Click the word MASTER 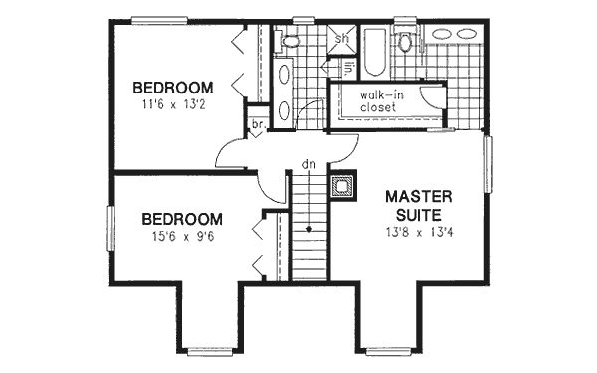[422, 196]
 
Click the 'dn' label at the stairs [308, 164]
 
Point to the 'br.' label [257, 125]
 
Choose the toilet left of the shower [291, 42]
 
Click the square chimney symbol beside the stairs [341, 186]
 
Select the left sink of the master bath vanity [440, 33]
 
